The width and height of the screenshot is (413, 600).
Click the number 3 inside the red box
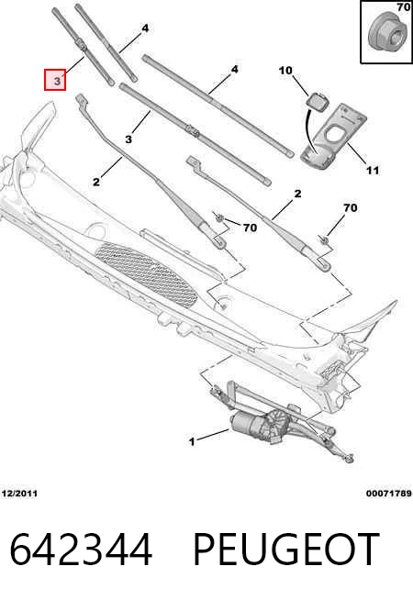(57, 81)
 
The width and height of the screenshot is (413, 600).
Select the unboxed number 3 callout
(128, 139)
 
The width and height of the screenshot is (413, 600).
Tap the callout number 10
(285, 71)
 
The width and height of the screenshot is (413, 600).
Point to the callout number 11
(373, 170)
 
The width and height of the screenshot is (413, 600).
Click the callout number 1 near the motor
(192, 441)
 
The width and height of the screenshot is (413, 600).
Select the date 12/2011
(19, 494)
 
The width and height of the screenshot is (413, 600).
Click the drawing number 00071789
(388, 494)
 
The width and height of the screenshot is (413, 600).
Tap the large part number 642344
(81, 550)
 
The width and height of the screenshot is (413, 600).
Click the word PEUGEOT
(286, 550)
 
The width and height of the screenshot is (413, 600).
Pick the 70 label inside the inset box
(404, 7)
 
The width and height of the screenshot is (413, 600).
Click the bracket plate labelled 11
(333, 137)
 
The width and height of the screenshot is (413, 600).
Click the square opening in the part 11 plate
(333, 135)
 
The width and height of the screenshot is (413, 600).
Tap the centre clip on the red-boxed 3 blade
(83, 46)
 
